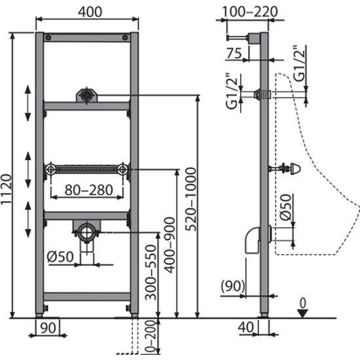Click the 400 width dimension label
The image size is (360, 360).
(x=90, y=12)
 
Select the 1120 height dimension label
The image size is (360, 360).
(x=6, y=189)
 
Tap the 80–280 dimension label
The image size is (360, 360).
(x=89, y=190)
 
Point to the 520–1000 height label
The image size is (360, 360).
(x=190, y=199)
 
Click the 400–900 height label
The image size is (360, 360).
(x=170, y=245)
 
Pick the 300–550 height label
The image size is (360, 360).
(x=151, y=272)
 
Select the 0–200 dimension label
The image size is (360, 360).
(x=151, y=338)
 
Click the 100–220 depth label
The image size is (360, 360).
(x=250, y=12)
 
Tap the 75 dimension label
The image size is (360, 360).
(x=234, y=53)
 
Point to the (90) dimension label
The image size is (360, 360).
(x=233, y=286)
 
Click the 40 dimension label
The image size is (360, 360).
(x=245, y=327)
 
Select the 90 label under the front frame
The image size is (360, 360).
(x=48, y=328)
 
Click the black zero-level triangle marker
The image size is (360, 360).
(x=302, y=314)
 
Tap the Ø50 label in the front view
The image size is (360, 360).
(x=60, y=257)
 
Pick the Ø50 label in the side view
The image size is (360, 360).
(x=286, y=207)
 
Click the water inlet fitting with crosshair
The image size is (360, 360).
(x=86, y=96)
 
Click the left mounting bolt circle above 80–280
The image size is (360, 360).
(x=50, y=170)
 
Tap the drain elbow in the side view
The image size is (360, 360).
(x=253, y=241)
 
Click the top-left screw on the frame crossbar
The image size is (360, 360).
(x=48, y=38)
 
